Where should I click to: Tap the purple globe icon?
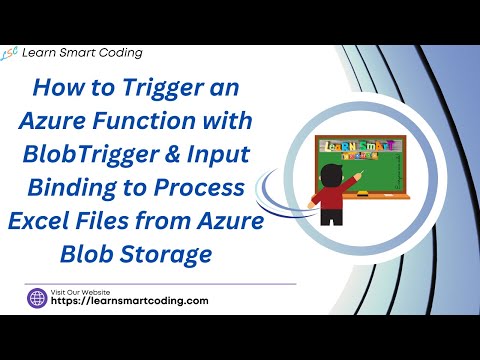pos(38,298)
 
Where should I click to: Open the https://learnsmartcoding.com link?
pos(129,301)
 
